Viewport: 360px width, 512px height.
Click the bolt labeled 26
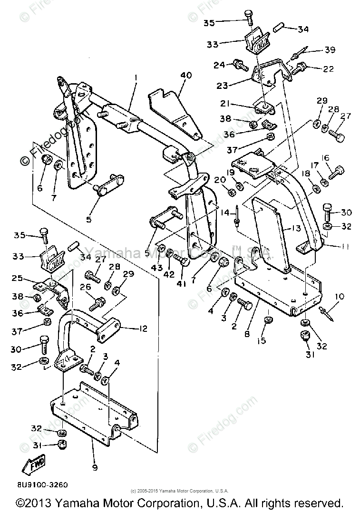pos(99,301)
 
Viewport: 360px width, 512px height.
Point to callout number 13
pos(296,229)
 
